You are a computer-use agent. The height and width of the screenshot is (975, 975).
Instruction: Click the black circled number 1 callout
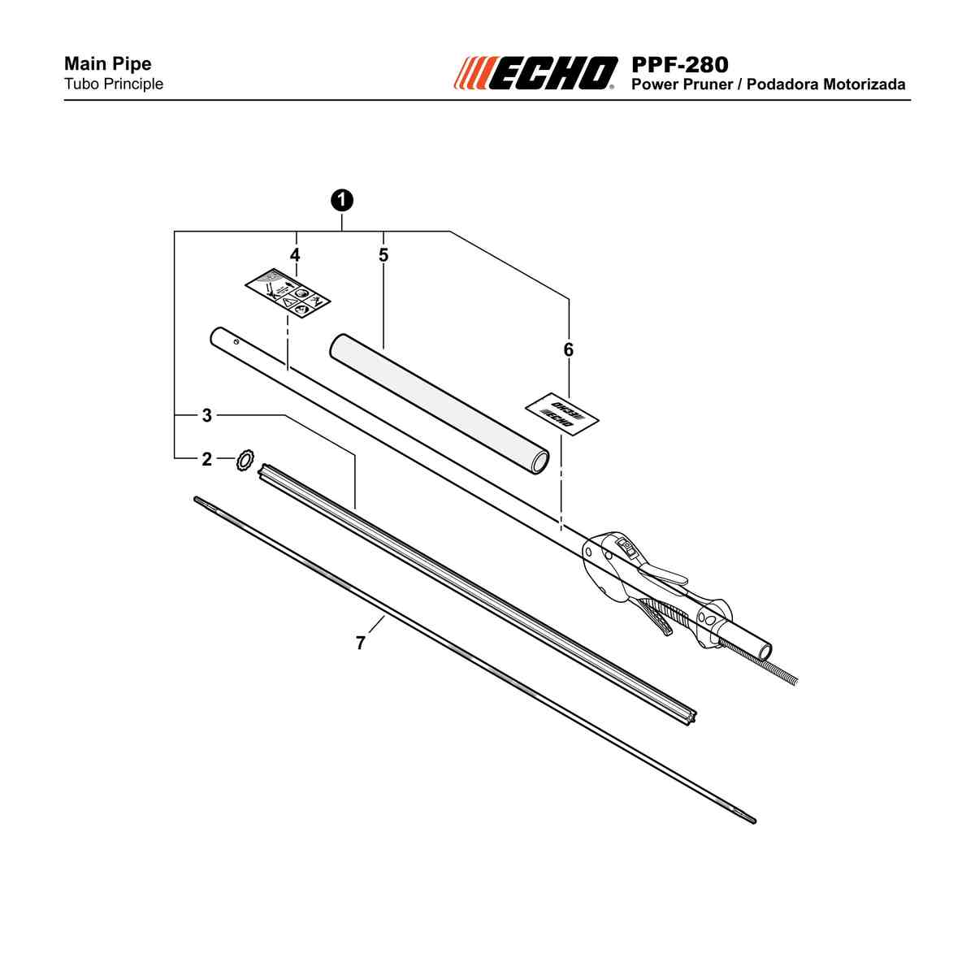point(342,201)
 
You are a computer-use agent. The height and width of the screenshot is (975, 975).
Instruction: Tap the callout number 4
point(295,255)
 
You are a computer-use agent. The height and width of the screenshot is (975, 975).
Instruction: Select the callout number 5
point(383,255)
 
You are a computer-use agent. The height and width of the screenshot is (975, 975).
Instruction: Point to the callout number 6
point(569,349)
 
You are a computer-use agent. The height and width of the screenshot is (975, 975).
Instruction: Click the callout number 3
point(207,415)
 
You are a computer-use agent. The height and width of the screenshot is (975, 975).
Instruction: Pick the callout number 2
point(207,459)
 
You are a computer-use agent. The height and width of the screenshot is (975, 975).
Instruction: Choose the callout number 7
point(360,643)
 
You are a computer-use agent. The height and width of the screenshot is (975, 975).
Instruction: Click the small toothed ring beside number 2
point(245,461)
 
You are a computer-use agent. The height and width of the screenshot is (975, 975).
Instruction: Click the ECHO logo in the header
point(535,73)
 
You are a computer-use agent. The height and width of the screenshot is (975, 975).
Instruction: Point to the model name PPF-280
point(680,65)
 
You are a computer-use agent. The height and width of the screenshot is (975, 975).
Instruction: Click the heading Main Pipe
point(108,63)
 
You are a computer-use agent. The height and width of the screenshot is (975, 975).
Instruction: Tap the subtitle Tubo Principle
point(114,84)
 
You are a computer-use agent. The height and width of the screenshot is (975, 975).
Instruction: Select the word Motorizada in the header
point(864,84)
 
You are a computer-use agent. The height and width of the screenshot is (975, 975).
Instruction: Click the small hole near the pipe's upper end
point(236,341)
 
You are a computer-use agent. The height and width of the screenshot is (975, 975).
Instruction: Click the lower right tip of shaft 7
point(754,821)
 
